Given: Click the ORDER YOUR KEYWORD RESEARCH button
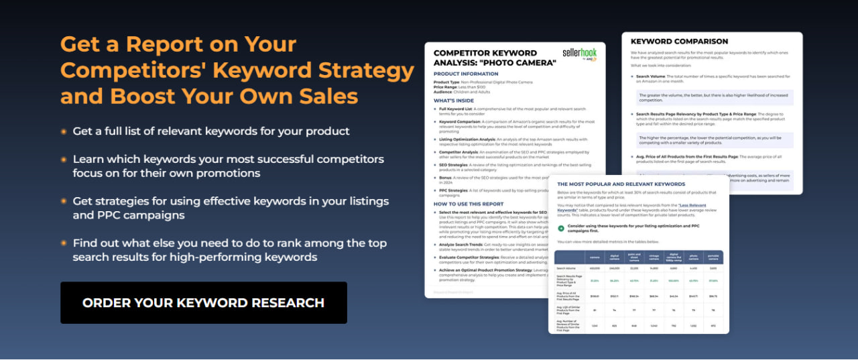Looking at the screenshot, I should click(203, 302).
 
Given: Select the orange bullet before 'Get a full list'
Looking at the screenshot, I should click(64, 131).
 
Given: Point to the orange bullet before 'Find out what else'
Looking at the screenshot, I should click(64, 243).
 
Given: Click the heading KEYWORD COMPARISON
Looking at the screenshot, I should click(679, 42).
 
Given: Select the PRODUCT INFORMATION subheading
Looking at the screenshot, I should click(466, 74).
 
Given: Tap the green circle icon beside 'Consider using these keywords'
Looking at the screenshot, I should click(561, 228).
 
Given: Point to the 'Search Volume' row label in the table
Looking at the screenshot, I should click(567, 268).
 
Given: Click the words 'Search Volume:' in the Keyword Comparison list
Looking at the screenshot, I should click(654, 76).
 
